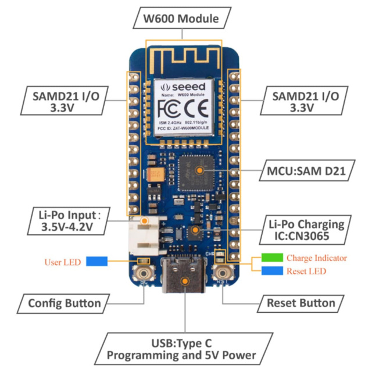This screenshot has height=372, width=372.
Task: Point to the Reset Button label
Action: coord(301,303)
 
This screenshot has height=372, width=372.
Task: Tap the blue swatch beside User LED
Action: coord(98,262)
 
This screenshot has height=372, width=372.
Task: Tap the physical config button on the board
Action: coord(143,274)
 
